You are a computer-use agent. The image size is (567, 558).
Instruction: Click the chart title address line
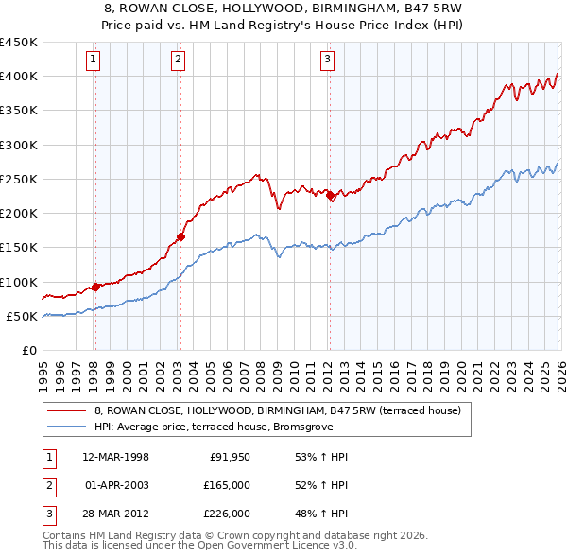[x=283, y=10]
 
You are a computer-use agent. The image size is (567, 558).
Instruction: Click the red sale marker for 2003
[x=180, y=237]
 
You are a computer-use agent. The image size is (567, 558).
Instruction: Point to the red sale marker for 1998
[x=95, y=287]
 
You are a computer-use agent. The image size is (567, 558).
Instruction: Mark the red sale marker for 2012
[x=330, y=196]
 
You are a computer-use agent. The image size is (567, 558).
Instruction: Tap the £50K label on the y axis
[x=22, y=316]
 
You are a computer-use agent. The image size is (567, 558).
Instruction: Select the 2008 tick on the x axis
[x=259, y=370]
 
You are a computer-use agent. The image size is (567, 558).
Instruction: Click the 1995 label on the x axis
[x=43, y=370]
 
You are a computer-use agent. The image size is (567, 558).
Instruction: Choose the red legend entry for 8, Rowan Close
[x=277, y=410]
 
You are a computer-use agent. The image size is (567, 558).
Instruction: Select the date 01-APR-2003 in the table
[x=116, y=485]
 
